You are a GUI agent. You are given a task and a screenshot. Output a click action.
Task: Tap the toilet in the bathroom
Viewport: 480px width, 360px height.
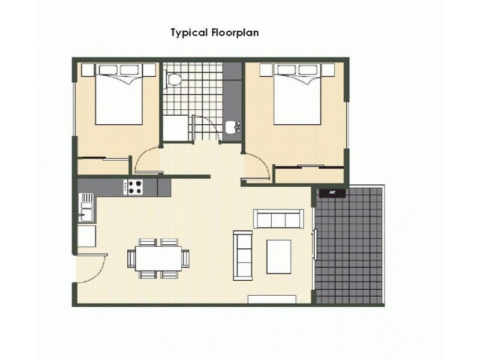[x=173, y=78]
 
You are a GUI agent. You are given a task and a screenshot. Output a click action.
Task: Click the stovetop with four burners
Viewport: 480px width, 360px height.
[x=134, y=187]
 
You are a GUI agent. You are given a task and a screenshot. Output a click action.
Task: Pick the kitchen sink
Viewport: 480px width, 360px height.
[x=86, y=211]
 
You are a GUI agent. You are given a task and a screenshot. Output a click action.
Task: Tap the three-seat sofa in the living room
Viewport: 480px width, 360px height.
[x=278, y=219]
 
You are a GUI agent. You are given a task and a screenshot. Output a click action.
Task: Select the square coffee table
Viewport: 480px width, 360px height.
[x=278, y=256]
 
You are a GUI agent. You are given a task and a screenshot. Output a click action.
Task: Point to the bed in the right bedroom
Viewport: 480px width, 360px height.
[x=297, y=96]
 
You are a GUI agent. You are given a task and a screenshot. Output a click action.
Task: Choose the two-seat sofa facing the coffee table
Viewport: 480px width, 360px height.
[x=243, y=255]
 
